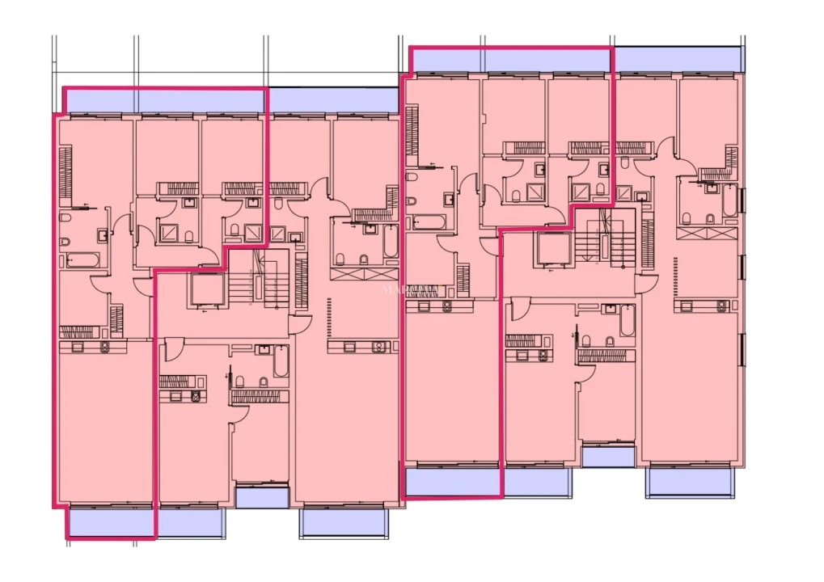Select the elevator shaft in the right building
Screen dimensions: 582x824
(x=551, y=250)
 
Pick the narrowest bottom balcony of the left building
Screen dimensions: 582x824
(x=262, y=497)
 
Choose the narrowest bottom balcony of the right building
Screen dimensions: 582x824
(x=608, y=457)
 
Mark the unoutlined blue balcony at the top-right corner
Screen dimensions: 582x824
(x=678, y=59)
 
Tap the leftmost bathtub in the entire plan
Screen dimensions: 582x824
(x=80, y=260)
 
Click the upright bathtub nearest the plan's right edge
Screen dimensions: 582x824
(x=729, y=202)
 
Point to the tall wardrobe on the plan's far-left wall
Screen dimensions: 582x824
(x=65, y=173)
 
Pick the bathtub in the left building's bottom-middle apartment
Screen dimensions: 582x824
(x=281, y=362)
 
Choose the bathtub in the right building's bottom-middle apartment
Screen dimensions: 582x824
(x=627, y=321)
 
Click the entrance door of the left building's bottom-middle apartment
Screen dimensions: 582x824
(x=171, y=351)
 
